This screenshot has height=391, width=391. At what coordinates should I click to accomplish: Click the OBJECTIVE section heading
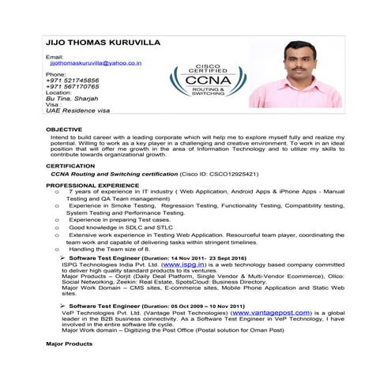point(63,128)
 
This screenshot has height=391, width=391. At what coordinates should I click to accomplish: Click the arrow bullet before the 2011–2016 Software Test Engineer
point(62,258)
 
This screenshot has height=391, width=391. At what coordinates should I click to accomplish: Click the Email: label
point(55,57)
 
